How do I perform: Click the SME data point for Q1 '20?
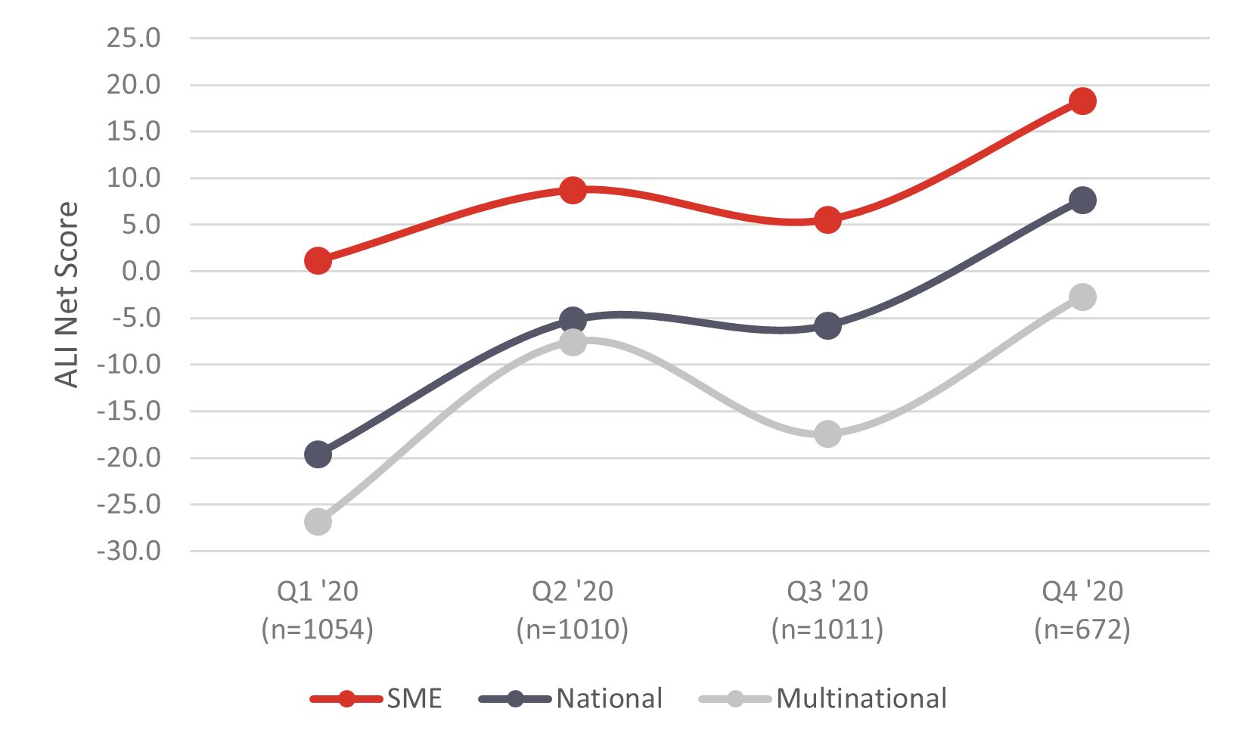point(318,261)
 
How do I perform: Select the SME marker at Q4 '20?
point(1082,101)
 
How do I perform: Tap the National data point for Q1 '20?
point(318,455)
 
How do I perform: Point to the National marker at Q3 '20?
point(827,326)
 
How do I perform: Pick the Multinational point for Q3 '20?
point(827,434)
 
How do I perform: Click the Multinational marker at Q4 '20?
point(1082,297)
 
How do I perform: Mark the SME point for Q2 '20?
point(573,190)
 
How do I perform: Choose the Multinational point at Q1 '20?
point(318,522)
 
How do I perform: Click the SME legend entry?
point(377,698)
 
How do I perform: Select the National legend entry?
point(571,698)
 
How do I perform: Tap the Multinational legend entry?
point(823,698)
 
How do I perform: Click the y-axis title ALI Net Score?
point(67,295)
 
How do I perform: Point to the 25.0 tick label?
point(134,38)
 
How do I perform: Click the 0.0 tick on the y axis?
point(141,271)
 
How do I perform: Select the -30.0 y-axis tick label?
point(129,552)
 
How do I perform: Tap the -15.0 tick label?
point(129,412)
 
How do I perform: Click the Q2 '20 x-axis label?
point(573,592)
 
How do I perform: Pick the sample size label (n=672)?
point(1082,629)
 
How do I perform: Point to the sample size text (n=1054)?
point(318,629)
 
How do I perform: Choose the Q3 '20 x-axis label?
point(827,592)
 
